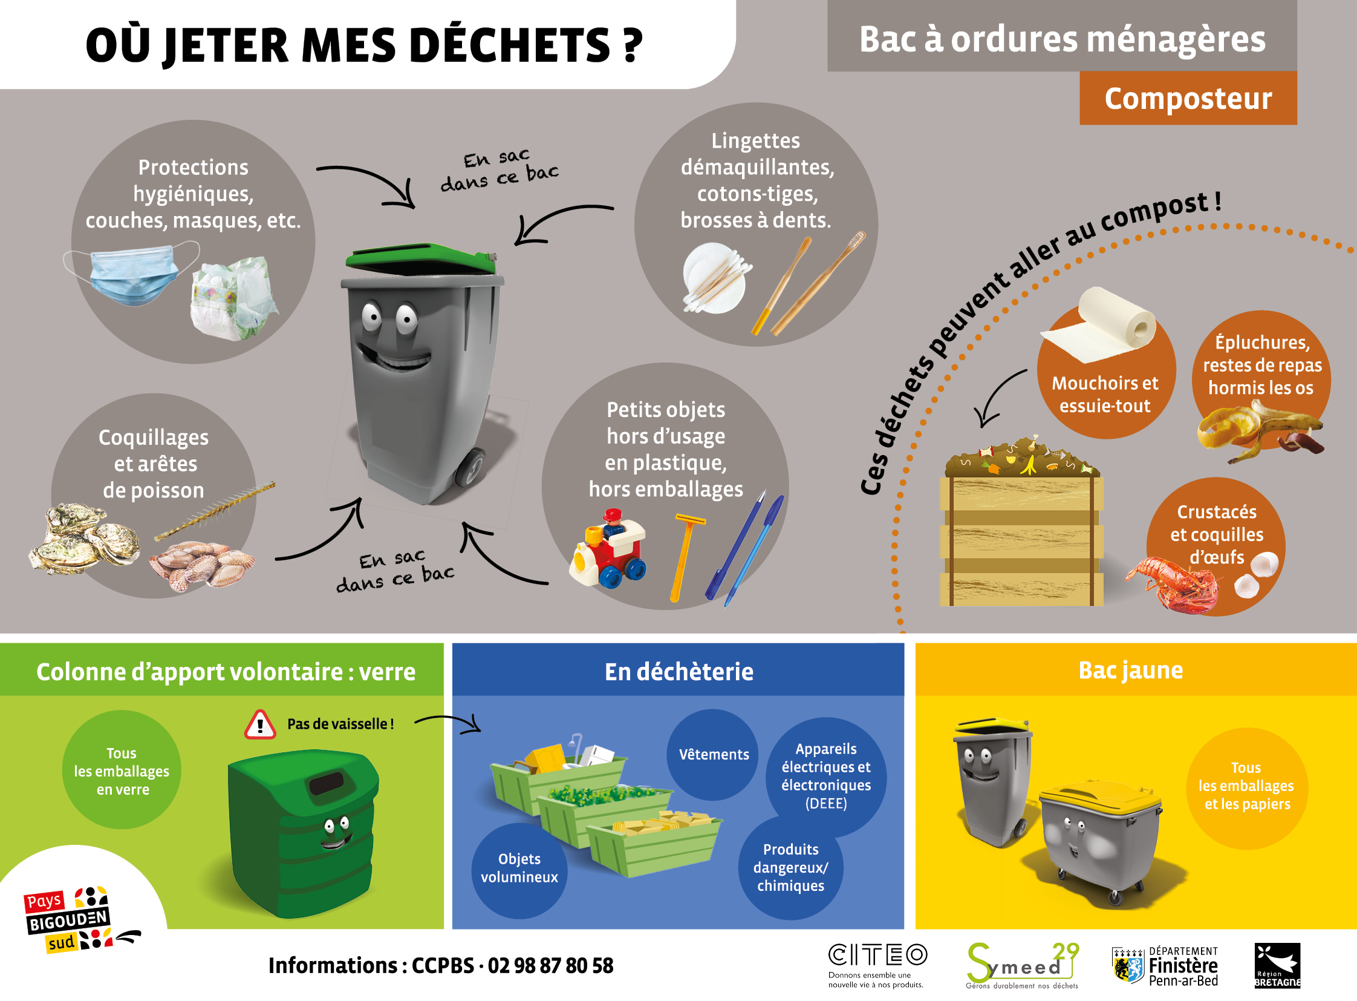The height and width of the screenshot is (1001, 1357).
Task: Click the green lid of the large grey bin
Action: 421,258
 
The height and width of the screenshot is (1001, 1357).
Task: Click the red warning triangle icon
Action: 260,724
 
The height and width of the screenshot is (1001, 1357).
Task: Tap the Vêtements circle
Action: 714,755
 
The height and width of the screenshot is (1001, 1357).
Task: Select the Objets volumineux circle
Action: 519,868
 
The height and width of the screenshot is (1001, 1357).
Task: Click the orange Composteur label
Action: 1188,99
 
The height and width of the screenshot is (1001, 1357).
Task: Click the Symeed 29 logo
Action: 1022,963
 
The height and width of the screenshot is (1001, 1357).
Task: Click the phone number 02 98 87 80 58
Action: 550,965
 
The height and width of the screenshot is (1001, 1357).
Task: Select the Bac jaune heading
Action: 1130,670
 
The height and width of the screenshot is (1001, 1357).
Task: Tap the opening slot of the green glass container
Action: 327,785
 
